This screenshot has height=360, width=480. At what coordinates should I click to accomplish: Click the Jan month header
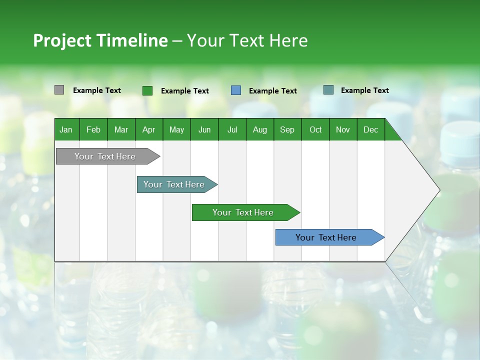[66, 129]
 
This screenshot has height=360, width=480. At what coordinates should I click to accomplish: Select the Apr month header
[148, 129]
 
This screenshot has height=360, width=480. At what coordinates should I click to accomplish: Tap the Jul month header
[232, 129]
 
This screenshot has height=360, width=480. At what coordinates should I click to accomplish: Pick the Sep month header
[287, 129]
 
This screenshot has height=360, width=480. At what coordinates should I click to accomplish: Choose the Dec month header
[370, 129]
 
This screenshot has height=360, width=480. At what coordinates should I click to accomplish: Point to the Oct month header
[315, 129]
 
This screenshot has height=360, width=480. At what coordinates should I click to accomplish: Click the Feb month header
[93, 129]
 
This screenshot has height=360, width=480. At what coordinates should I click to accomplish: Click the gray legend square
[59, 90]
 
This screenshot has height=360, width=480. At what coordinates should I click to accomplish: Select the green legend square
[147, 90]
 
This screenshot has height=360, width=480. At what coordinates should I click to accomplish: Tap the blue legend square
[236, 90]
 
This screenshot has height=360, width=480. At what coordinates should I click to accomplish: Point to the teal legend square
[328, 90]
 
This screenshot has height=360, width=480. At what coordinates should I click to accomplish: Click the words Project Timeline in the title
[100, 40]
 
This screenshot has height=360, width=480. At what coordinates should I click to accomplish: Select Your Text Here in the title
[247, 40]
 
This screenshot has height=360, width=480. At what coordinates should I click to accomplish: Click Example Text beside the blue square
[272, 91]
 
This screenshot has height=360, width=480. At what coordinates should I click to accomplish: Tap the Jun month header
[204, 129]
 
